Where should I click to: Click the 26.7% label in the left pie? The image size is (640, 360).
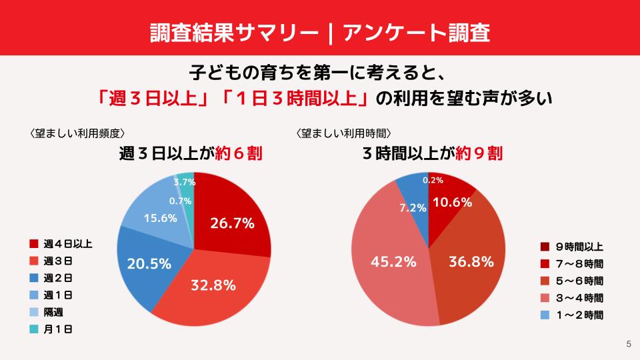(x=232, y=224)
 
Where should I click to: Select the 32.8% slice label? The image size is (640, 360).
(x=213, y=286)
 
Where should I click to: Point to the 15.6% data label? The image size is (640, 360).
(x=159, y=218)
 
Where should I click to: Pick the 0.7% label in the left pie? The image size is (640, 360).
(x=181, y=201)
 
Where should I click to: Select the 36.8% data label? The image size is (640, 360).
(x=472, y=261)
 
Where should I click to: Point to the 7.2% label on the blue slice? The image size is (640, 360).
(x=413, y=208)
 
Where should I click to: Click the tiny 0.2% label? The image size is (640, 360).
(x=433, y=181)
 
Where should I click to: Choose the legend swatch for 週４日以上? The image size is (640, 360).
(x=34, y=243)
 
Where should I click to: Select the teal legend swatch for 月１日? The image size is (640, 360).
(x=34, y=329)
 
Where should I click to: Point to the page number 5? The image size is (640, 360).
(x=628, y=345)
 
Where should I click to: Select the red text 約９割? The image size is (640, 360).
(x=478, y=154)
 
